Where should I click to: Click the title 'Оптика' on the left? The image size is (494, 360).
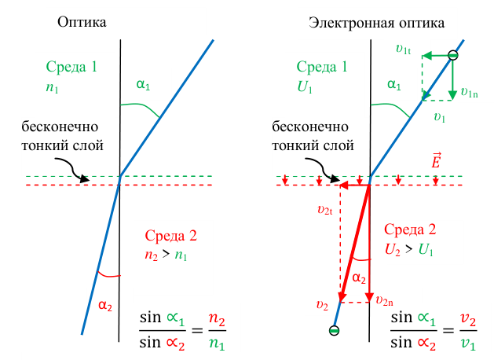(x=82, y=23)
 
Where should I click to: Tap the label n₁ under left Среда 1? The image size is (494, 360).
(x=53, y=89)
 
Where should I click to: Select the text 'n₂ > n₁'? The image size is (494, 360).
(x=166, y=255)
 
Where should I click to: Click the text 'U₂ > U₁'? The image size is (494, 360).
(x=409, y=249)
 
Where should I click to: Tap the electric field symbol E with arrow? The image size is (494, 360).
(x=437, y=162)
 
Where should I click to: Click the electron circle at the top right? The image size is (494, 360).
(x=453, y=55)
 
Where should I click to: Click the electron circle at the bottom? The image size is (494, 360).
(x=335, y=330)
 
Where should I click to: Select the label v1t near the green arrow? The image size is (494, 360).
(x=404, y=49)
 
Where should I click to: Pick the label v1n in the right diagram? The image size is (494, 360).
(x=470, y=92)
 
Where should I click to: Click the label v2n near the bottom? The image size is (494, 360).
(x=385, y=299)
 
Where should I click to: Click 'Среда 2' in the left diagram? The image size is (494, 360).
(x=170, y=235)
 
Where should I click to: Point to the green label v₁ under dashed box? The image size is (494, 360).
(x=440, y=117)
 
